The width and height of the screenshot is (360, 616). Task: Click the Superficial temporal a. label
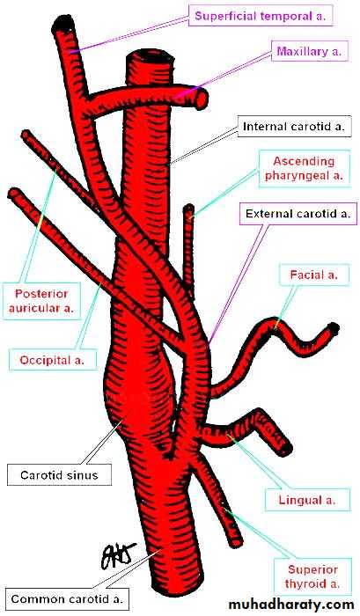tap(261, 16)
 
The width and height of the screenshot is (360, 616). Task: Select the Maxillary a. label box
tap(309, 51)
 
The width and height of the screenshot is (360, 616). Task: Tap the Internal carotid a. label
tap(294, 127)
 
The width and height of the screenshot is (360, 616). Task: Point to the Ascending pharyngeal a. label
tap(305, 168)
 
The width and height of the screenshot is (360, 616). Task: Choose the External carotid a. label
tap(298, 214)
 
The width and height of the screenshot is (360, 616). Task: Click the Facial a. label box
tap(314, 275)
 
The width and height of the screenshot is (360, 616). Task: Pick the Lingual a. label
tap(307, 500)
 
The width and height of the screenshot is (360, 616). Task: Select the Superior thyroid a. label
tap(312, 576)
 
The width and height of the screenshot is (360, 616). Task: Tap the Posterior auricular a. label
tap(41, 301)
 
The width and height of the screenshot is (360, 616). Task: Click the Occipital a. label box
tap(52, 360)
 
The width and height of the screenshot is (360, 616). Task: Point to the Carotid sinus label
tap(59, 475)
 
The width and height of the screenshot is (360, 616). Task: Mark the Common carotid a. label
tap(67, 599)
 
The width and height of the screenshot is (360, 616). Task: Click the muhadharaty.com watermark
tap(291, 604)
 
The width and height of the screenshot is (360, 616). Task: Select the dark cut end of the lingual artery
tap(286, 447)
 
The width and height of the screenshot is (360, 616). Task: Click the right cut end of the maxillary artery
tap(202, 99)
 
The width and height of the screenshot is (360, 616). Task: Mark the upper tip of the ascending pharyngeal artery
tap(189, 207)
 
